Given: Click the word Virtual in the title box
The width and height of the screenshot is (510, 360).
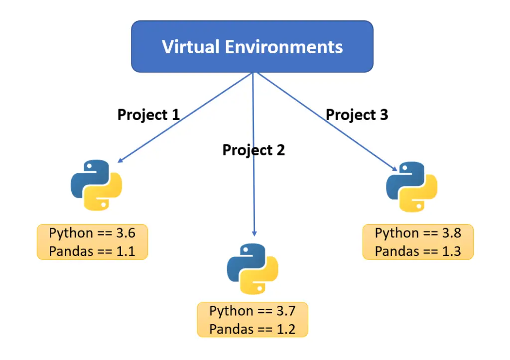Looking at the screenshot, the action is [x=191, y=46].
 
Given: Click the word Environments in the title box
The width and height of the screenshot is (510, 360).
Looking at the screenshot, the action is [x=283, y=46].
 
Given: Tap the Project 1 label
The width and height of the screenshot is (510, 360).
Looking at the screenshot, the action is [x=148, y=115].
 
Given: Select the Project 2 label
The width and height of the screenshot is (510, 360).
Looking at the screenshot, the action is [x=254, y=150].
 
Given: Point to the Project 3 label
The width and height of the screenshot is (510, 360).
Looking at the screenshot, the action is [x=357, y=115].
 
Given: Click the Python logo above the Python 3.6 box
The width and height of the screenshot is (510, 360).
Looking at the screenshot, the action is [x=96, y=185].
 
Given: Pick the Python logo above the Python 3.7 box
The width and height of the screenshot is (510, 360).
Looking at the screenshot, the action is [x=253, y=269].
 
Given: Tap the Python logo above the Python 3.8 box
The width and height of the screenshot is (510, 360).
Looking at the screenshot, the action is [x=411, y=187].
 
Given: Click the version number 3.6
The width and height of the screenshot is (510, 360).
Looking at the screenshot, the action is [x=126, y=233].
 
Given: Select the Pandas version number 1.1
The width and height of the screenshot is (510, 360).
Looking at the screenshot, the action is [x=126, y=251].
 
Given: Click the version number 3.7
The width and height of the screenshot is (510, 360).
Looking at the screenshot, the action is [x=286, y=311].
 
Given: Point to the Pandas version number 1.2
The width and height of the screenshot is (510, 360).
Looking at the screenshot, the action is [x=286, y=330].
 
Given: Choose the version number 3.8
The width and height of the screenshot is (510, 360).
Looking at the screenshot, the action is [x=451, y=233].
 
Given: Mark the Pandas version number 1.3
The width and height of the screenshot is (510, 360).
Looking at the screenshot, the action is [x=451, y=251].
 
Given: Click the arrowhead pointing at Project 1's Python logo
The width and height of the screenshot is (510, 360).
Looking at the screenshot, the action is [x=120, y=160].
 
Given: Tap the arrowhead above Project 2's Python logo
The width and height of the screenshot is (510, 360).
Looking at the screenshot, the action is [x=255, y=233].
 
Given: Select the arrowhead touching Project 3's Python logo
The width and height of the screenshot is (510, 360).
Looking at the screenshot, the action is [x=394, y=168].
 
